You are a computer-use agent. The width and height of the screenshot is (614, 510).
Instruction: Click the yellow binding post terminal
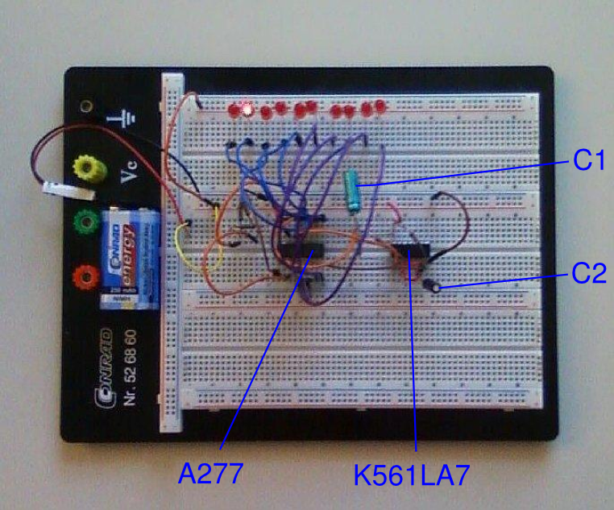tap(85, 170)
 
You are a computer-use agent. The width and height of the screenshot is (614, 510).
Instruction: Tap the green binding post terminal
tap(84, 222)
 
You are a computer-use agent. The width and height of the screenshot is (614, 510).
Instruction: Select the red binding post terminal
tap(83, 279)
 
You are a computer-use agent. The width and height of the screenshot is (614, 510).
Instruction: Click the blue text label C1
tap(588, 162)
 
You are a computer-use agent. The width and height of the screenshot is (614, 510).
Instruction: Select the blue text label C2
tap(588, 274)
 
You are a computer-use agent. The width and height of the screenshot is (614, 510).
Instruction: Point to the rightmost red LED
tap(379, 105)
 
